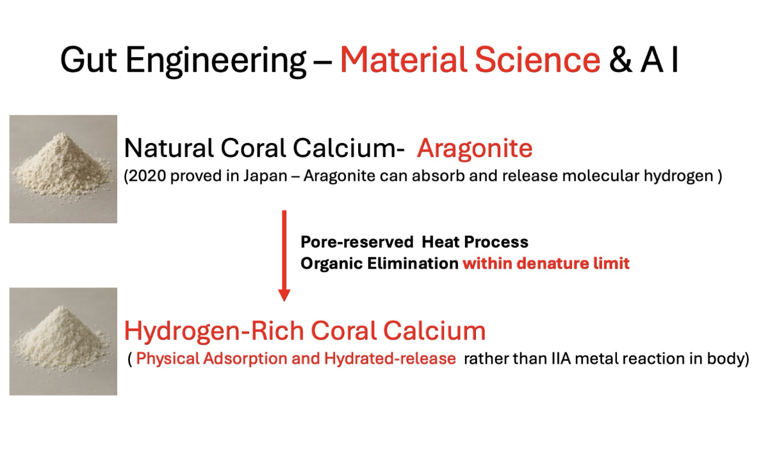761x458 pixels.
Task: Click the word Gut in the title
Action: [x=88, y=60]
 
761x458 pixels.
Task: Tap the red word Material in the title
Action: [x=402, y=60]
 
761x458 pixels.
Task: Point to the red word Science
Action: [x=537, y=60]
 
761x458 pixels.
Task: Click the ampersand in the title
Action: [x=621, y=60]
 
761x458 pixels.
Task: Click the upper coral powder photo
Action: [x=63, y=169]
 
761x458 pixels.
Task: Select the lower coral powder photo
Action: [x=63, y=341]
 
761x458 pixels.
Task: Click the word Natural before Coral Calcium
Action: [x=169, y=148]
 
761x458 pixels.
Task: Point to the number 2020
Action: [x=146, y=176]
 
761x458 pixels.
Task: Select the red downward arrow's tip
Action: [x=284, y=301]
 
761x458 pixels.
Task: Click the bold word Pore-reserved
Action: [x=357, y=242]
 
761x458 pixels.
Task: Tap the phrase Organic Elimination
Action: [x=379, y=263]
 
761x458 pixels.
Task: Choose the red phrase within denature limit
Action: [x=546, y=263]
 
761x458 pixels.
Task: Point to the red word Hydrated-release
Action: [x=389, y=359]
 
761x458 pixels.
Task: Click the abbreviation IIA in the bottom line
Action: [x=561, y=359]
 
